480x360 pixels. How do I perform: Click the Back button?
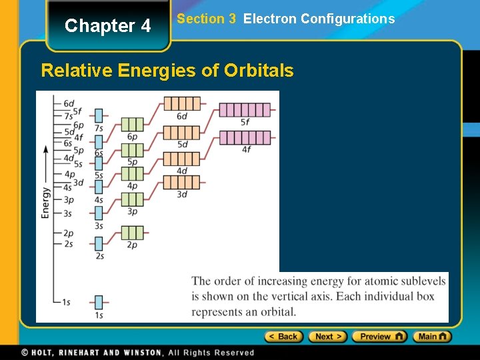(284, 337)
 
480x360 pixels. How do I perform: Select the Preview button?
(379, 337)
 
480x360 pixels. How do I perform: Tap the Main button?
(432, 337)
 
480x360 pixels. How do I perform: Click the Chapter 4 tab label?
(108, 26)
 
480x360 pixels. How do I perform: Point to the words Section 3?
(206, 19)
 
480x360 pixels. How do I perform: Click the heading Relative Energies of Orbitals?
(167, 71)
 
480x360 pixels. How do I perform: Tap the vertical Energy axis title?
(45, 203)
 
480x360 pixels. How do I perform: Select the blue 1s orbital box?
(99, 302)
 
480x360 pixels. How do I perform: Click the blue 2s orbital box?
(99, 243)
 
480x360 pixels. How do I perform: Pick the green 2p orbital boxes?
(132, 233)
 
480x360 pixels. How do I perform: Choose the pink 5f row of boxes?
(245, 110)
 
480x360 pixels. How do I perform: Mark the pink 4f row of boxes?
(245, 137)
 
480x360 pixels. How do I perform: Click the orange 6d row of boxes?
(181, 104)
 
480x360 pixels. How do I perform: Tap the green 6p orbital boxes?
(132, 125)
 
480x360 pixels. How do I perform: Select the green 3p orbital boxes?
(132, 199)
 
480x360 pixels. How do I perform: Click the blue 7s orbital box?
(99, 115)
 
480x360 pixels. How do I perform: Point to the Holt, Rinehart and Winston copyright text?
(137, 353)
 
